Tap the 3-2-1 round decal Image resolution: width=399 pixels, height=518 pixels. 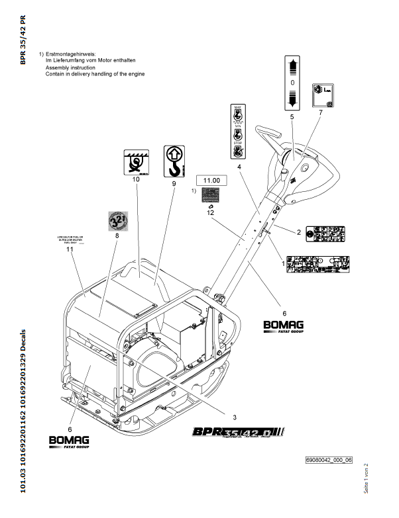(x=117, y=221)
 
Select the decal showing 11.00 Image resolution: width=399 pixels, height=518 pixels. (x=211, y=179)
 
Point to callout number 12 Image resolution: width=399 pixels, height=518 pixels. (x=211, y=213)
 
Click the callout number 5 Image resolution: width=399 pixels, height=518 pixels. (x=291, y=116)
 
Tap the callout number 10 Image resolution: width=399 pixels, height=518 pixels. (x=136, y=179)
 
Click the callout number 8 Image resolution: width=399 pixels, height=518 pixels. (x=117, y=235)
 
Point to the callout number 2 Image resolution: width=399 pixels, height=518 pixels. (x=299, y=232)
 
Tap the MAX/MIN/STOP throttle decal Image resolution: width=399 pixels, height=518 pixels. (x=237, y=131)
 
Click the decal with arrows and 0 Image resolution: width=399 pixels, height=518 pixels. (x=291, y=83)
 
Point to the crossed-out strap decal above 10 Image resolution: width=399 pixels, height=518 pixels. (x=136, y=161)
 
